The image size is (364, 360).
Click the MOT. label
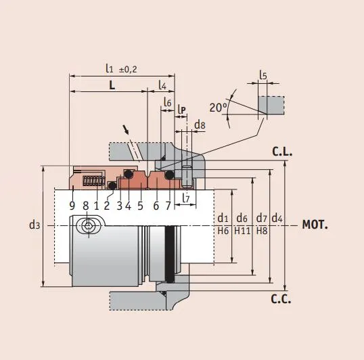tap(315, 224)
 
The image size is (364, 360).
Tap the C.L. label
tap(282, 152)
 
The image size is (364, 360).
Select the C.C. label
tap(281, 298)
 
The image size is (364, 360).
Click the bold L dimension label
tap(112, 85)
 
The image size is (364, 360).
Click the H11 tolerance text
tap(242, 231)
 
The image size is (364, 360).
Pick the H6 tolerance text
tap(223, 231)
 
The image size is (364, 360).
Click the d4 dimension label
tap(277, 218)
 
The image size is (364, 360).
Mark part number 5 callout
tap(140, 205)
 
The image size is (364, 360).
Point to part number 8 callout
tap(85, 205)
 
